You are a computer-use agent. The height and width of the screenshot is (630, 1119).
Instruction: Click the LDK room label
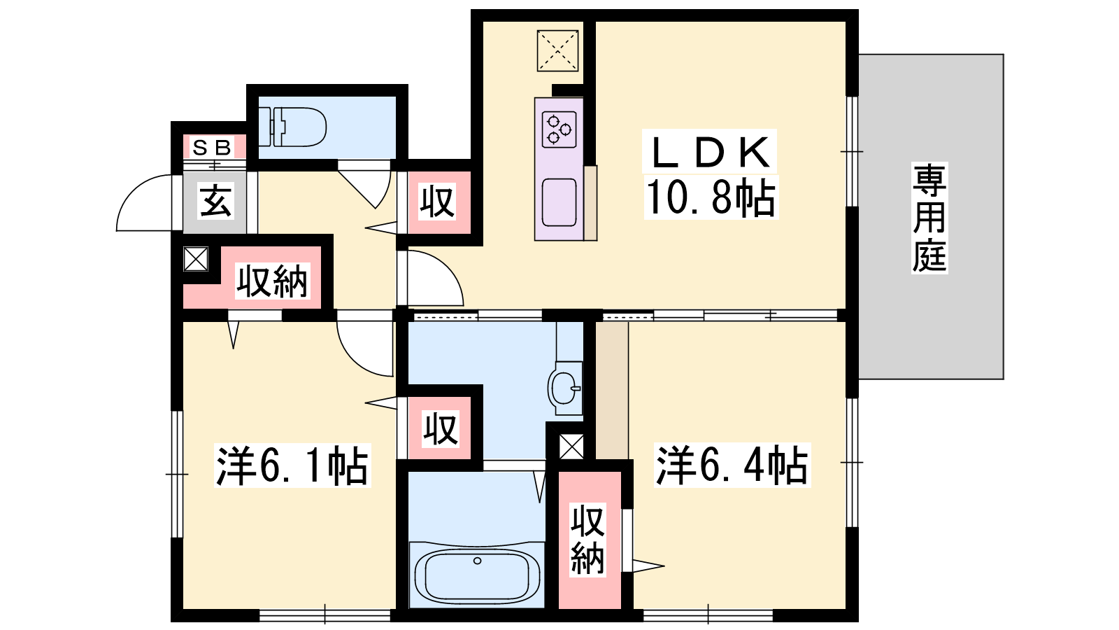click(710, 152)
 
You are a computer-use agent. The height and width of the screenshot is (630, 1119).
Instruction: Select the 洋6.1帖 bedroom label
click(292, 465)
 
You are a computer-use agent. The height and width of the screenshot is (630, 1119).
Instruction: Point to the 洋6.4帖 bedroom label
click(732, 465)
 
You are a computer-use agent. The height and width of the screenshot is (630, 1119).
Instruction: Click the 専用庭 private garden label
click(929, 218)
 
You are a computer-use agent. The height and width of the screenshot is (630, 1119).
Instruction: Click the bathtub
click(477, 575)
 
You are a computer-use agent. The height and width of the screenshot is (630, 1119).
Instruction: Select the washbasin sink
click(565, 388)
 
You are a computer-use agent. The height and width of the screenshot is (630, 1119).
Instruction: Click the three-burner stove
click(559, 129)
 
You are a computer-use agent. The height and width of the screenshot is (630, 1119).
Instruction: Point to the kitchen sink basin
click(559, 202)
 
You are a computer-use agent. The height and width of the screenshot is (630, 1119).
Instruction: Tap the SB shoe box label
click(212, 148)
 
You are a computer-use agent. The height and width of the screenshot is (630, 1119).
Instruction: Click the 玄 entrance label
click(216, 201)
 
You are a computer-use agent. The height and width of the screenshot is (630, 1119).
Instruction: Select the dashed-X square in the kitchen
click(557, 50)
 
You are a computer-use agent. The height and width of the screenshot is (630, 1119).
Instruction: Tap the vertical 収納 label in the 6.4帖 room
click(588, 540)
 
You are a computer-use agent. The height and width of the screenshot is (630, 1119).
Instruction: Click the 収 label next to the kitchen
click(438, 202)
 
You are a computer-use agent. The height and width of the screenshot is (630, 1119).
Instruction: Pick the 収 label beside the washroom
click(440, 428)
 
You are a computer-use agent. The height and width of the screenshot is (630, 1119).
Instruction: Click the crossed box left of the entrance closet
click(196, 259)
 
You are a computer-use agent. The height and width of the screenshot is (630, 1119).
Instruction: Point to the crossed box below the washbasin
click(571, 447)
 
